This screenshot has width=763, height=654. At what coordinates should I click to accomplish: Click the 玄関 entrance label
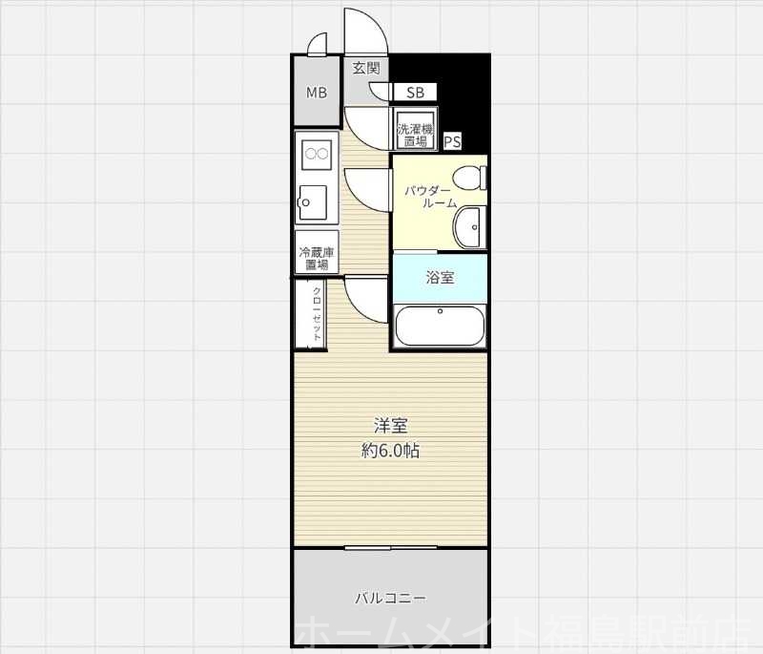click(x=366, y=68)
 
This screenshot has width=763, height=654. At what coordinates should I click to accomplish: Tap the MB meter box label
click(x=316, y=93)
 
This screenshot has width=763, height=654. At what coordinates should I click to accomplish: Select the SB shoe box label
click(x=415, y=93)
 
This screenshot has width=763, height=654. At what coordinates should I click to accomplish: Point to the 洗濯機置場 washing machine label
click(x=414, y=135)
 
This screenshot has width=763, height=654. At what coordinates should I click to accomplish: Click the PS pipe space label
click(x=452, y=142)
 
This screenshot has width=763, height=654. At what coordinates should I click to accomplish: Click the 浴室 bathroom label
click(x=440, y=278)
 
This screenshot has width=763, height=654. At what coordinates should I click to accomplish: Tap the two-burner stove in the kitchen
click(x=316, y=152)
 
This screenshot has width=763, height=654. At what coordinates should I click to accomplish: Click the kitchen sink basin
click(x=314, y=200)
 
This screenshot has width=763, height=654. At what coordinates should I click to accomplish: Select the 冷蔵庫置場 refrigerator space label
click(x=317, y=258)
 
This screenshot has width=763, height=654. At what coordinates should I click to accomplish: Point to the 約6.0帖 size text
click(x=390, y=451)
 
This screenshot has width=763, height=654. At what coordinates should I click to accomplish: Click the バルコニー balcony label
click(x=390, y=599)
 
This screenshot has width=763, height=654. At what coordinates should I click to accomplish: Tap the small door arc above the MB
click(x=318, y=44)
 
